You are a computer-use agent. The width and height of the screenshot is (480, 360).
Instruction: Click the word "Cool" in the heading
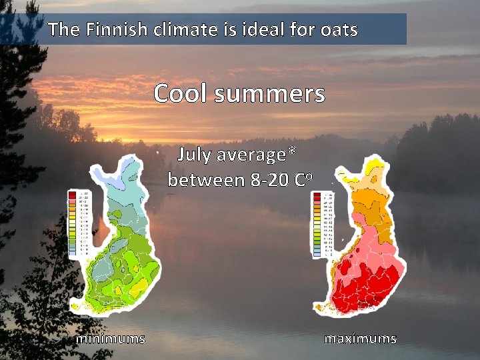[x=180, y=93]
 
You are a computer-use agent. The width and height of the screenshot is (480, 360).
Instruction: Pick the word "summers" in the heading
[x=270, y=93]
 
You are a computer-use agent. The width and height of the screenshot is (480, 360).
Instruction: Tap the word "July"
[x=194, y=155]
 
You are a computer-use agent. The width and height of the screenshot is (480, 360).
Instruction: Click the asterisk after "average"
[x=292, y=153]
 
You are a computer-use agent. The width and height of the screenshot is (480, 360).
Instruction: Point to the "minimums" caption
[x=111, y=339]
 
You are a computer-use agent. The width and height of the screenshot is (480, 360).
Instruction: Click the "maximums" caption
[x=361, y=339]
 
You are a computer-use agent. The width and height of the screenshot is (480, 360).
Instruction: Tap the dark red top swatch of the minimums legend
[x=72, y=194]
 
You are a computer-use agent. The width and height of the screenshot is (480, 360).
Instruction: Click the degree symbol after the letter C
[x=309, y=177]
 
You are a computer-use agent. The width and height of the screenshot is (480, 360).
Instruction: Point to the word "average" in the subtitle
[x=251, y=155]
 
